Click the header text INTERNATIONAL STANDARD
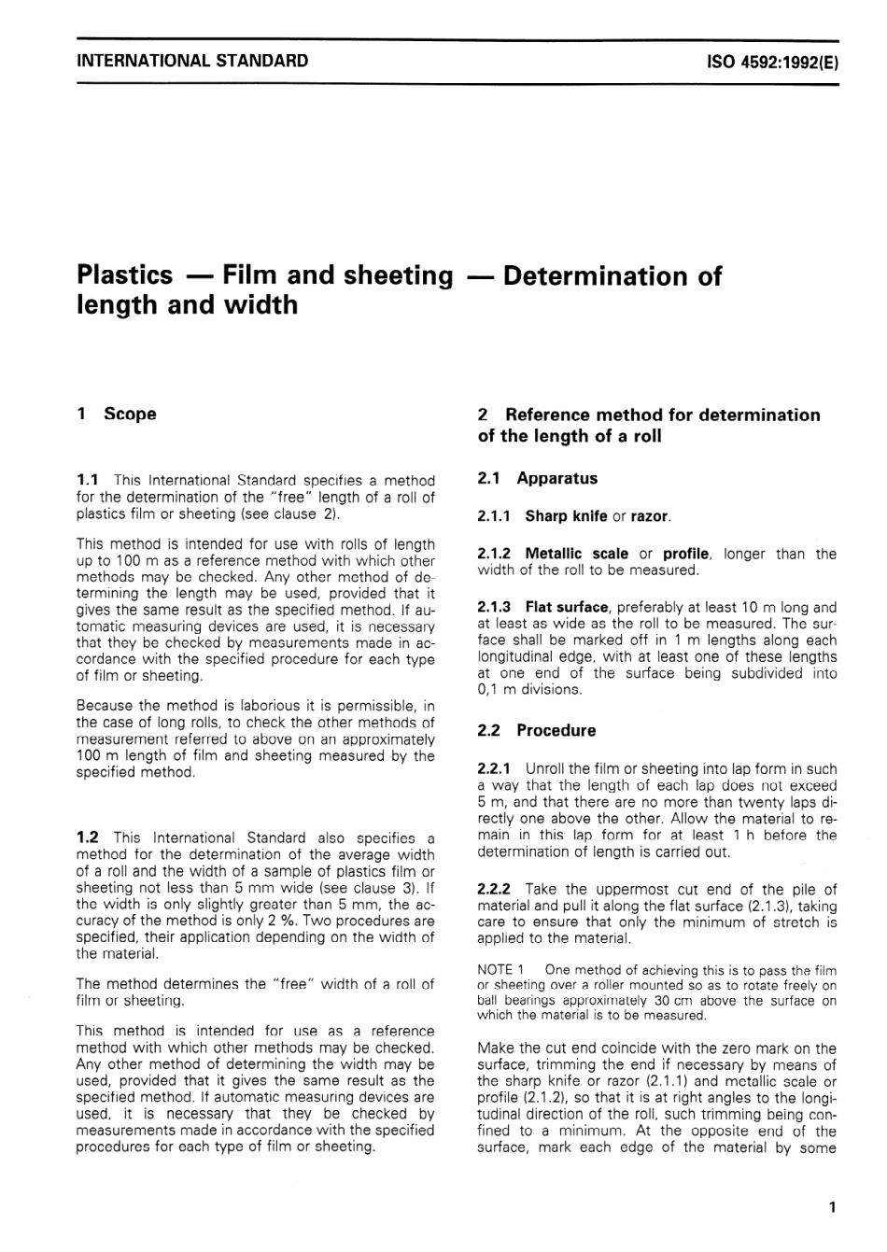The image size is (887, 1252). (x=191, y=62)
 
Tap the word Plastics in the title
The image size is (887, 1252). (x=124, y=275)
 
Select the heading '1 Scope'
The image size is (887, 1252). (x=117, y=414)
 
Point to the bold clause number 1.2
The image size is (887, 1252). (x=90, y=837)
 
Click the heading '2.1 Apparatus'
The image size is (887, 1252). (x=537, y=479)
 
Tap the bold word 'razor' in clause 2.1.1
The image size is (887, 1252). (x=650, y=516)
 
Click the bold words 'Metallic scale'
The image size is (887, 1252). (x=576, y=554)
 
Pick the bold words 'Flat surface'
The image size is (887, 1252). (x=566, y=607)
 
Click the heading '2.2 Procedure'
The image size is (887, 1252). (x=536, y=731)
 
